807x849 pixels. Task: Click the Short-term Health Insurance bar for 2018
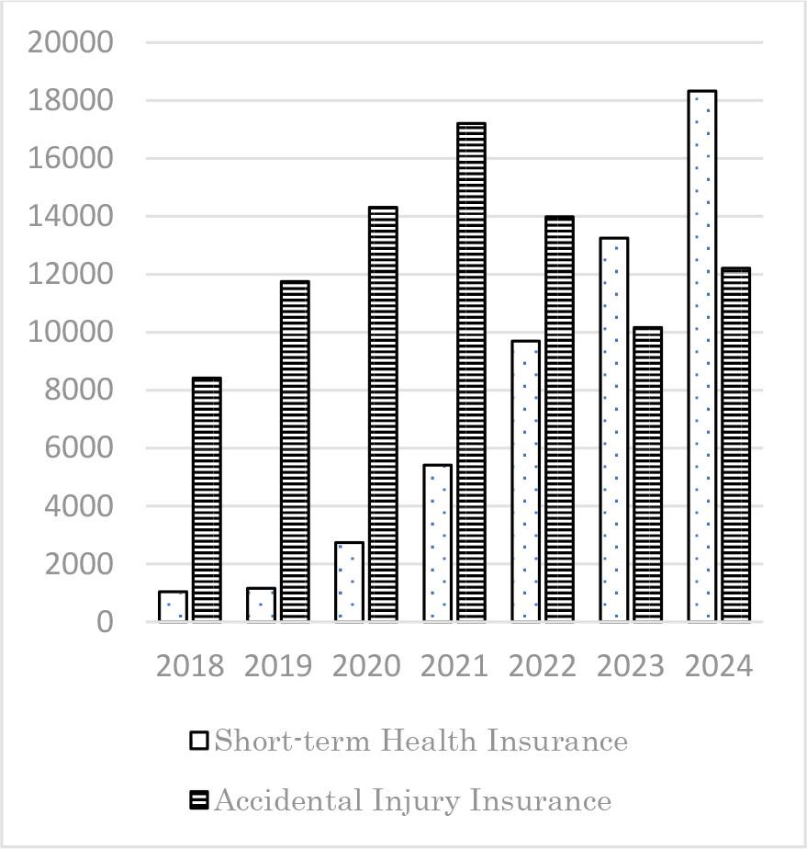click(x=173, y=606)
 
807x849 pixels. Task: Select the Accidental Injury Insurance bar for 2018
click(x=207, y=500)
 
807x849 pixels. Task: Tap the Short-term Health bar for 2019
click(x=261, y=605)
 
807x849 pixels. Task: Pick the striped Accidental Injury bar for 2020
click(x=383, y=414)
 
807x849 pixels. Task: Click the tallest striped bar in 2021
click(x=471, y=372)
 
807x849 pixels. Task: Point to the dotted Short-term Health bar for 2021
click(x=437, y=543)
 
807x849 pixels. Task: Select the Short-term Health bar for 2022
click(x=525, y=481)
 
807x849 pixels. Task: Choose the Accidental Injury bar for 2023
click(x=647, y=474)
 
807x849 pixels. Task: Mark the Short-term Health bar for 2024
click(x=701, y=357)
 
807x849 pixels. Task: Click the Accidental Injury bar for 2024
click(x=735, y=445)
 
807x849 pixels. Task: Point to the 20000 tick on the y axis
click(x=71, y=42)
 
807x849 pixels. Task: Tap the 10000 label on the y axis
click(x=71, y=332)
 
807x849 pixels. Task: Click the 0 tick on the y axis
click(x=103, y=622)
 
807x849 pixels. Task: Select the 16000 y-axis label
click(x=71, y=158)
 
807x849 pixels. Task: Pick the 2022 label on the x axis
click(x=542, y=666)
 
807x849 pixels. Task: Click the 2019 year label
click(x=278, y=666)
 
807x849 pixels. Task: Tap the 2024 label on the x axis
click(x=718, y=666)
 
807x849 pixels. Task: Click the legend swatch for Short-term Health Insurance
click(x=199, y=741)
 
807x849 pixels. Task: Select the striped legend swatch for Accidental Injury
click(x=199, y=801)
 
